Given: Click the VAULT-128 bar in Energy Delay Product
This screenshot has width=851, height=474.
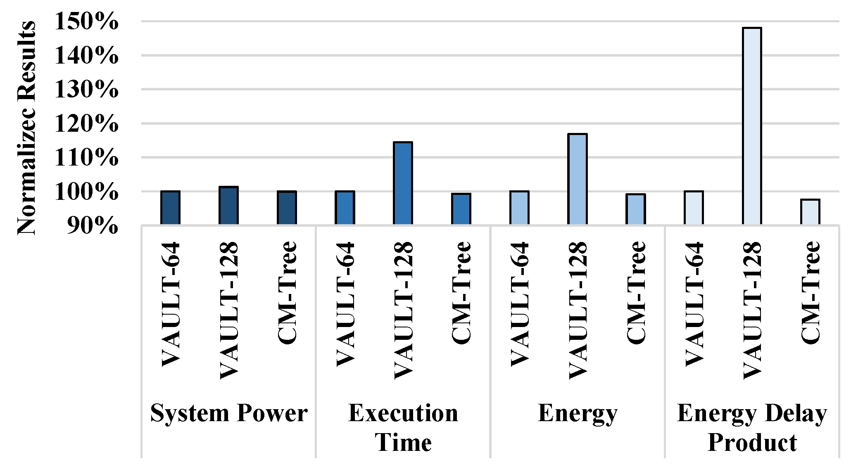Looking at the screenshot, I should (x=752, y=126).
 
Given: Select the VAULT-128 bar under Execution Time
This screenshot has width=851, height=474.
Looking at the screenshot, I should (x=403, y=183).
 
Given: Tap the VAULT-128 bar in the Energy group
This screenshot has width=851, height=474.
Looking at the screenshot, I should (x=578, y=179).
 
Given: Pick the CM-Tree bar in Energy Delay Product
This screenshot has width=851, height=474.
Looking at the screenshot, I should (x=810, y=212).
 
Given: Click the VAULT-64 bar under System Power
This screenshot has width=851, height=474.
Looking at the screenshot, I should (x=170, y=208).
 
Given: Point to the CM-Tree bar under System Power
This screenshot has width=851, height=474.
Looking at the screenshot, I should (x=287, y=208).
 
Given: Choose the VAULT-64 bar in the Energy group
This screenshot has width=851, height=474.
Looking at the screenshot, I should (x=519, y=208).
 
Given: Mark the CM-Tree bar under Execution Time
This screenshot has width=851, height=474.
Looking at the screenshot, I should (x=461, y=209).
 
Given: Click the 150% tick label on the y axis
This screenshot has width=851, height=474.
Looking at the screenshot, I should (x=86, y=21).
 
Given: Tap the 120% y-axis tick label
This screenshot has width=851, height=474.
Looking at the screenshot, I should (x=86, y=123).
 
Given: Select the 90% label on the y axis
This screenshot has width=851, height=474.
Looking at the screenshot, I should (x=92, y=225).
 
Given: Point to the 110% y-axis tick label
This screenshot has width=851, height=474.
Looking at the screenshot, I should (x=86, y=158).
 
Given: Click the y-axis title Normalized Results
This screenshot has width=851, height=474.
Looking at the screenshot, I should (x=26, y=128).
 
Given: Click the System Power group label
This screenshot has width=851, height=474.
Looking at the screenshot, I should (x=228, y=413).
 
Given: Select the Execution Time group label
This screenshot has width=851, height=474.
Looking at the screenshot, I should (x=403, y=428).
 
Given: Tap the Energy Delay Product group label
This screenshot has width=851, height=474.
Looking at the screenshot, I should (x=752, y=428).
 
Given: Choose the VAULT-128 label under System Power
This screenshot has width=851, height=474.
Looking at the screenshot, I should (x=229, y=310).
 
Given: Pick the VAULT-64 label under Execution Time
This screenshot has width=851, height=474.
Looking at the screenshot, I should (x=345, y=304).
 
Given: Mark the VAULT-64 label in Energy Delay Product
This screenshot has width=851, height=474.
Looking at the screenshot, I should (x=694, y=304).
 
